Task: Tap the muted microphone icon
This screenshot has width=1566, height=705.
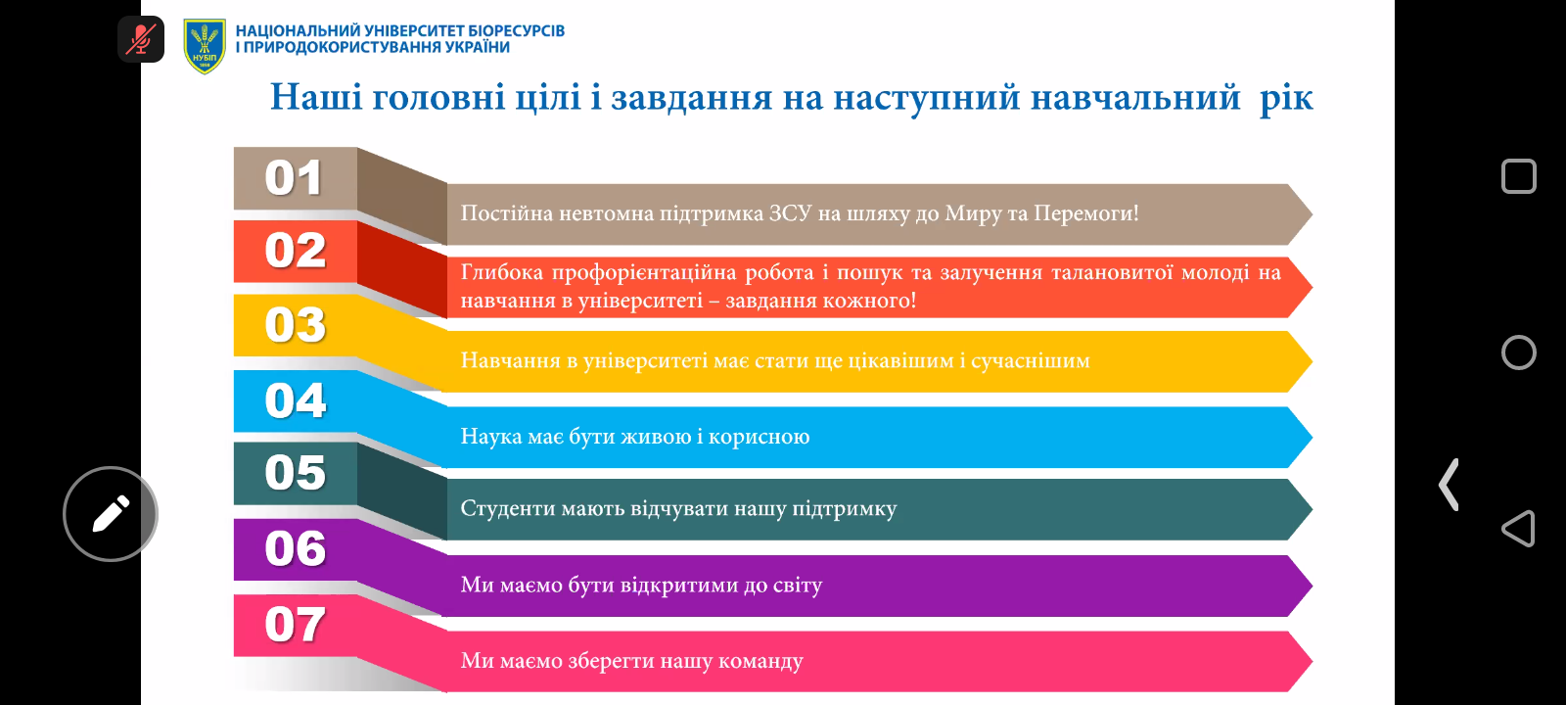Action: point(141,39)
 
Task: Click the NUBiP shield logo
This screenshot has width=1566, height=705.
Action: point(205,46)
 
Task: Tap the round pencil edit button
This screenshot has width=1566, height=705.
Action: point(111,514)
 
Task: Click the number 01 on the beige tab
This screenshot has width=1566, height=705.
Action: point(294,177)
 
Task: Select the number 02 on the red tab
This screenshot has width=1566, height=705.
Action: point(295,251)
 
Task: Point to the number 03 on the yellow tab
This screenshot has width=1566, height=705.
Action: point(295,325)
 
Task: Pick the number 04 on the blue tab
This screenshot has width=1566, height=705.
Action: point(295,400)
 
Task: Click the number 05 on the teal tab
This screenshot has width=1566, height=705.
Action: point(295,473)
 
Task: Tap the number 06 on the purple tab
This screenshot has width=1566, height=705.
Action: point(295,548)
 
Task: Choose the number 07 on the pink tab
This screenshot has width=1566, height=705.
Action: point(295,624)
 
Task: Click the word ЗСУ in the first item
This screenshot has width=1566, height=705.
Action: point(790,212)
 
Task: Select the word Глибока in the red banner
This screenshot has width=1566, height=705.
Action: point(501,272)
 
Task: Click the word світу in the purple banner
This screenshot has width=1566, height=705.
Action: point(798,585)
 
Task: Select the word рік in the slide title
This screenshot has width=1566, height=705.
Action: point(1286,98)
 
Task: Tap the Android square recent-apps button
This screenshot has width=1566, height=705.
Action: point(1518,176)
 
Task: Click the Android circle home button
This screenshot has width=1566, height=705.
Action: point(1518,352)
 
